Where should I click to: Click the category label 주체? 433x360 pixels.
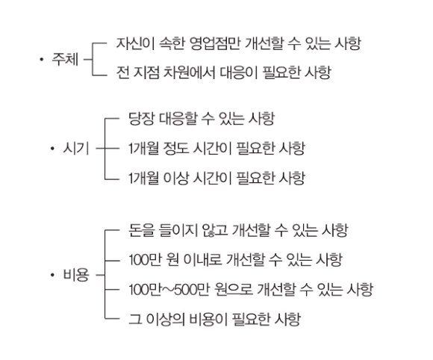point(65,59)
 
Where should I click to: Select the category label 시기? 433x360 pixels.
point(76,149)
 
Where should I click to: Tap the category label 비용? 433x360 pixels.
point(76,275)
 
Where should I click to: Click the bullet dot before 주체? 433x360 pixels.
point(41,59)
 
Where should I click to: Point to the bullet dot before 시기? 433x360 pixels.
point(52,149)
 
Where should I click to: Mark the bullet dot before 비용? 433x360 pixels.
point(52,275)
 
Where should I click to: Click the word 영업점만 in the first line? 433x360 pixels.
point(215,43)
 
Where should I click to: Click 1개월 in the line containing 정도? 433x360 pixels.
point(143,149)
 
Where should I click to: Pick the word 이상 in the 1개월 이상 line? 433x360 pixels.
point(175,178)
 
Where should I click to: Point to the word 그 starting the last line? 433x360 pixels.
point(135,319)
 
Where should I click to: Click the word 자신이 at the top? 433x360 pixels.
point(135,43)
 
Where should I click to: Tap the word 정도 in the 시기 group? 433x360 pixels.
point(175,149)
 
